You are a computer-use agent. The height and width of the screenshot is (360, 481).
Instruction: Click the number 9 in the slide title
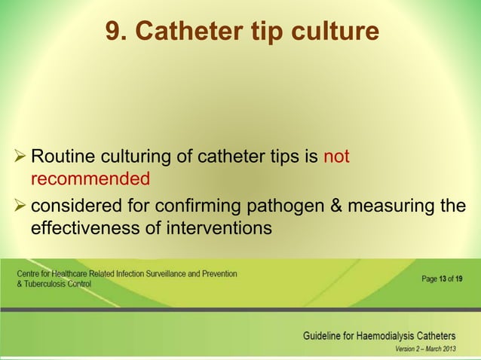pos(114,32)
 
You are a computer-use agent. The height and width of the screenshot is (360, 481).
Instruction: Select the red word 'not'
pos(335,157)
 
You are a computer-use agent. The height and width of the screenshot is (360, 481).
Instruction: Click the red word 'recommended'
pos(90,179)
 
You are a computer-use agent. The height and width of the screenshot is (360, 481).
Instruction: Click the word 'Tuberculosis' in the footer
pos(41,285)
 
